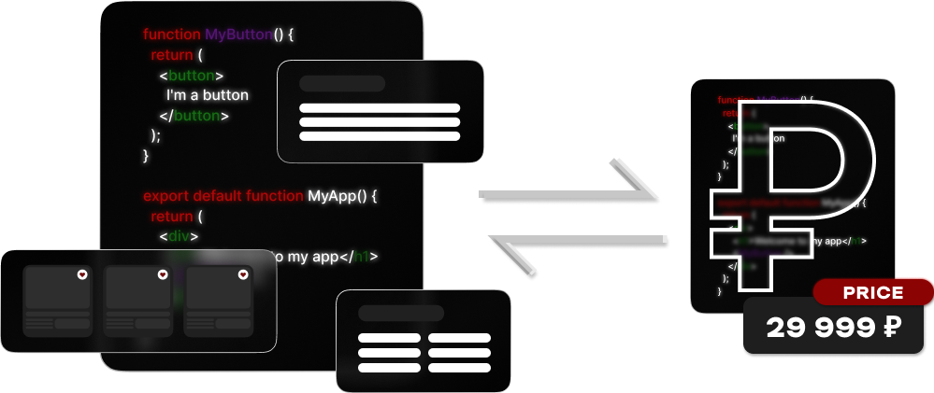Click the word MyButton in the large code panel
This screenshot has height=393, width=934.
238,35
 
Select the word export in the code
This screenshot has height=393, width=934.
165,197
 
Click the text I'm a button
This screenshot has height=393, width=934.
208,95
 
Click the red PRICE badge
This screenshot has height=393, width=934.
872,293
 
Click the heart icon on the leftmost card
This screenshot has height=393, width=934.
82,274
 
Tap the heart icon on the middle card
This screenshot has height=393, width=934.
163,274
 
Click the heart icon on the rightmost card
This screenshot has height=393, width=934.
243,274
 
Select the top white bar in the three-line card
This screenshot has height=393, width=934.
380,108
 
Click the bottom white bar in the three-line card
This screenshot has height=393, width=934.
380,136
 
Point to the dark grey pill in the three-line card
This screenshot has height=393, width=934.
342,83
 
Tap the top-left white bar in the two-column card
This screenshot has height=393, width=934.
389,338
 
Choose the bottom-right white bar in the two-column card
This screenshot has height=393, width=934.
459,368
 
